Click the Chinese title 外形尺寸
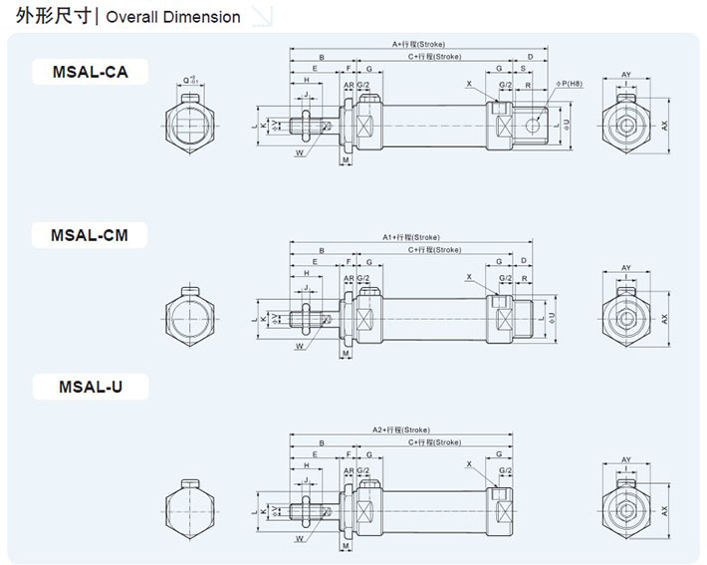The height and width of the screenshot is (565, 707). click(47, 17)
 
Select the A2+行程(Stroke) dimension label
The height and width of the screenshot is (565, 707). click(402, 429)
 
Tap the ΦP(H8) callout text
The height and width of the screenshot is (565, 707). click(569, 84)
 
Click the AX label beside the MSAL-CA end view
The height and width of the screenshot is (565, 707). click(664, 125)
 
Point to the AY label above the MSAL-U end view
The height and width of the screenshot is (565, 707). click(626, 459)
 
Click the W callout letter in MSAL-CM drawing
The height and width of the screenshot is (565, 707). click(299, 346)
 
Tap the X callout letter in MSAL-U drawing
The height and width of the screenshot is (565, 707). click(468, 464)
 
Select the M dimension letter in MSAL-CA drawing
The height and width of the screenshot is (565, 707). click(345, 159)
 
